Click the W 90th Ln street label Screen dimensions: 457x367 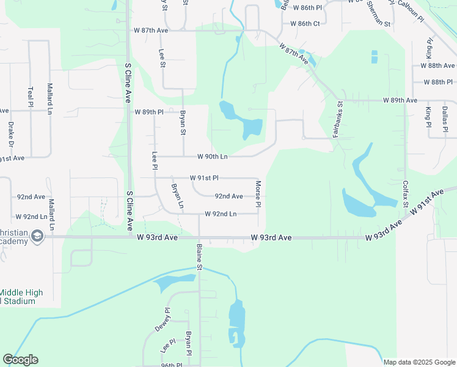click(208, 157)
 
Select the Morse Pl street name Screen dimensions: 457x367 click(258, 194)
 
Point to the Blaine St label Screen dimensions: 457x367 click(199, 257)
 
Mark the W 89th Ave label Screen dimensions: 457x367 click(400, 100)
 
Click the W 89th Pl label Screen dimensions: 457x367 click(149, 113)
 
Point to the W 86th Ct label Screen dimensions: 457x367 click(305, 24)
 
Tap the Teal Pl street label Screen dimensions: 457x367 click(31, 96)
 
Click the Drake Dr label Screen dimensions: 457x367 click(10, 136)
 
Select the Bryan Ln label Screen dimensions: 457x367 click(177, 196)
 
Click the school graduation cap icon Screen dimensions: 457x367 click(37, 237)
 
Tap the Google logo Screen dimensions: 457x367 click(20, 360)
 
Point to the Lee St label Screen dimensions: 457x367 click(162, 59)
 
